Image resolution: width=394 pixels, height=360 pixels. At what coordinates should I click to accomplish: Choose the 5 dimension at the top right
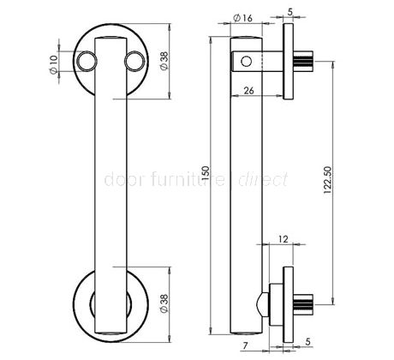(291, 12)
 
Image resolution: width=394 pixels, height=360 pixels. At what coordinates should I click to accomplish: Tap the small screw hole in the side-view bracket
(247, 62)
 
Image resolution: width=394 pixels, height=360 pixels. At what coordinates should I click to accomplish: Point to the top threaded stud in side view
(306, 61)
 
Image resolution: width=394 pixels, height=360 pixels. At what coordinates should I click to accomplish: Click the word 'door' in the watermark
(119, 181)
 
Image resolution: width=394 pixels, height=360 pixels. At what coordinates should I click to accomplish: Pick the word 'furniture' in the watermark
(184, 181)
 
